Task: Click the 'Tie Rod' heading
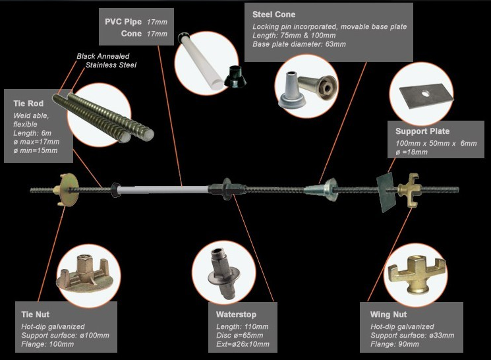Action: pos(28,104)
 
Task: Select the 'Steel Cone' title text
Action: pos(274,14)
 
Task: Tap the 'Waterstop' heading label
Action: pos(236,315)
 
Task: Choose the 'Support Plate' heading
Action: pos(422,131)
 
